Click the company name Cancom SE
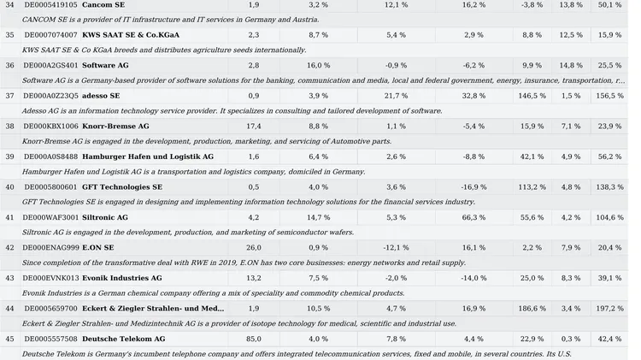(103, 5)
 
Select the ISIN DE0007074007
(50, 35)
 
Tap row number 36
(9, 66)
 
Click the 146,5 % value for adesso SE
(532, 96)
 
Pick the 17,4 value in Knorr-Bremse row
(254, 127)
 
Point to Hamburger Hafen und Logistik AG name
(148, 156)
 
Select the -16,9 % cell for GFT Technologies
(473, 187)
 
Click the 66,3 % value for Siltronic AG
(473, 218)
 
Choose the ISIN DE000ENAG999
(50, 248)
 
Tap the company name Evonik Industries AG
(122, 278)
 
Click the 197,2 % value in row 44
(610, 309)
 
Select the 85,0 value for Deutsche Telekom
(254, 339)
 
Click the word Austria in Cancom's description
(306, 20)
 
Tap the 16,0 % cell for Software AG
(319, 66)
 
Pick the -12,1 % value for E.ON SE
(396, 248)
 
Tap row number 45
(9, 339)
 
